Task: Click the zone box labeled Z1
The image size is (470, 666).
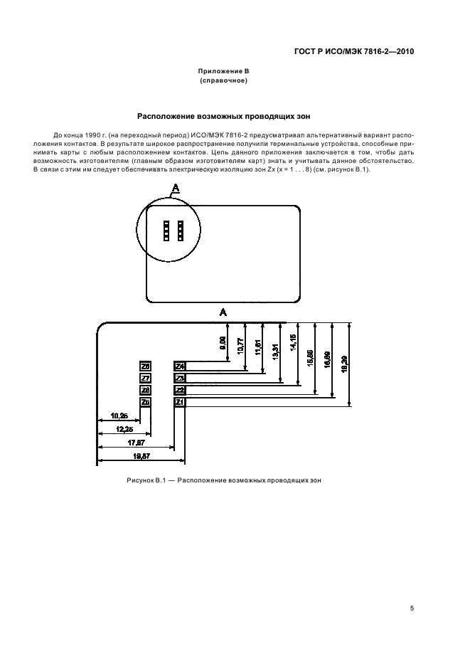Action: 180,402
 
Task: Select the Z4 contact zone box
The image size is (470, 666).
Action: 180,366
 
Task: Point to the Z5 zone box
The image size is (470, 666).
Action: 145,402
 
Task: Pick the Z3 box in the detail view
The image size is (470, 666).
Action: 180,378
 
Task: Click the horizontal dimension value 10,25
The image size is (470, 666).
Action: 119,415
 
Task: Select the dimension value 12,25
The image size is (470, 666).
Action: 124,429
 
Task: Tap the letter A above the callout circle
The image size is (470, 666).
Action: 175,186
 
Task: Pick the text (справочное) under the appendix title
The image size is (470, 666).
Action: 224,81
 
